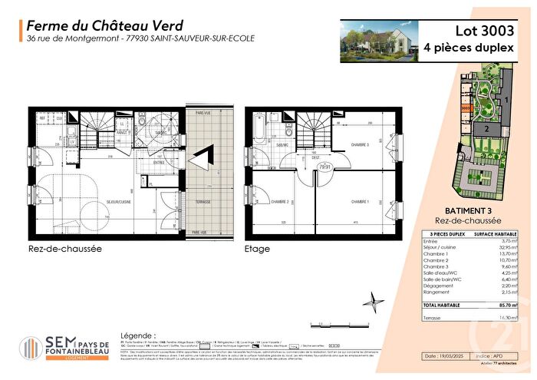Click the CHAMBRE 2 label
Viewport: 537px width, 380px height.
tap(278, 202)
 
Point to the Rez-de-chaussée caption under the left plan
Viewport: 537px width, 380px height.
tap(54, 249)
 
